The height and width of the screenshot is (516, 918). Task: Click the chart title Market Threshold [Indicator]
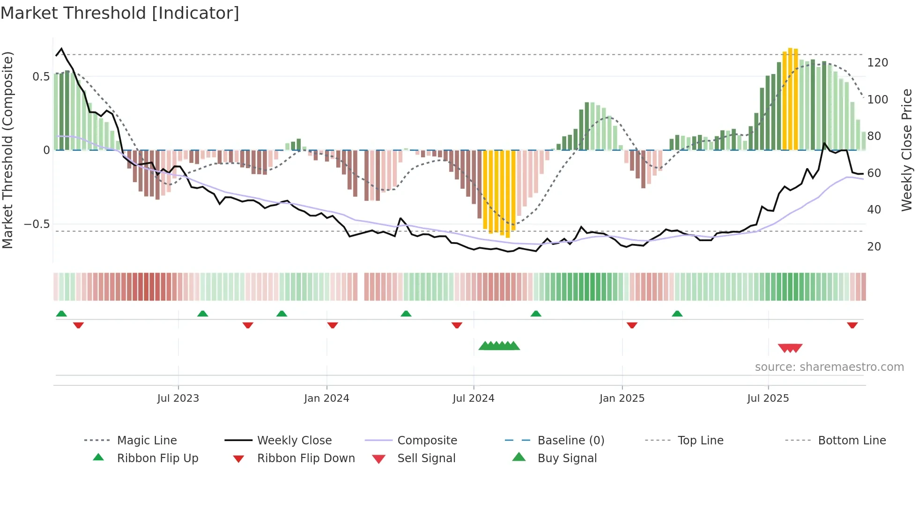pos(120,13)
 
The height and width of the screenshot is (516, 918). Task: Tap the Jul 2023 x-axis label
pos(178,398)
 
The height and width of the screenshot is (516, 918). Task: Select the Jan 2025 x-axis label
pos(622,398)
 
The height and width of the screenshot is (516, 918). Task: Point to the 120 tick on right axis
pos(877,63)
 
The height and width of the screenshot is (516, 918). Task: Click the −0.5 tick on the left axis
pos(37,224)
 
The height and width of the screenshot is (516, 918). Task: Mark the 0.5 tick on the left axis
pos(41,77)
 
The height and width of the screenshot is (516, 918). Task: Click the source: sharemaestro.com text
pos(829,367)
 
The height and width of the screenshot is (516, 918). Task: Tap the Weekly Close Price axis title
pos(907,150)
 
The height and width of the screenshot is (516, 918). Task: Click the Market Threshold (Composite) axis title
pos(7,150)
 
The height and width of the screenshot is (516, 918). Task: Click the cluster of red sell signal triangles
pos(790,348)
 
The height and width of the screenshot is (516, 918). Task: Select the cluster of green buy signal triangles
pos(499,346)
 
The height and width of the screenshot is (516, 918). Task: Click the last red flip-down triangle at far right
pos(852,325)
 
